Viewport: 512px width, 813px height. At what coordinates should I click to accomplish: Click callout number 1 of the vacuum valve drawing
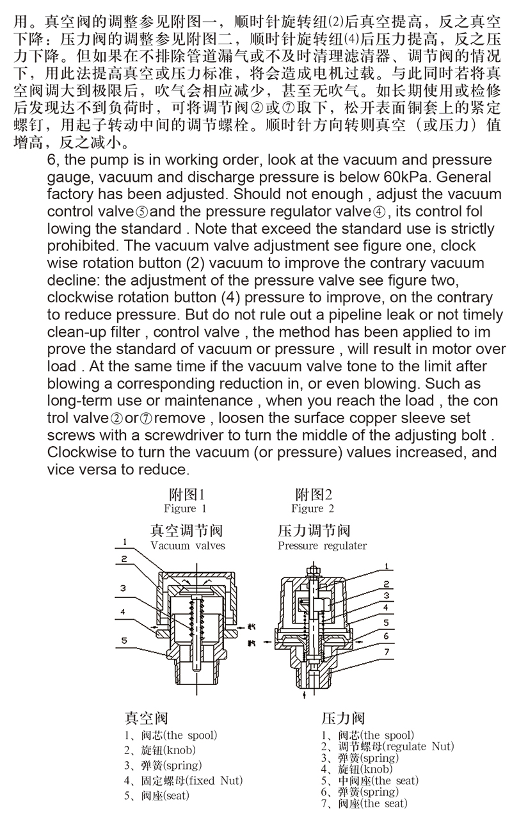pyautogui.click(x=124, y=541)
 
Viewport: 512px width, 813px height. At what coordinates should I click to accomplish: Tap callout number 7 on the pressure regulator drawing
pyautogui.click(x=387, y=653)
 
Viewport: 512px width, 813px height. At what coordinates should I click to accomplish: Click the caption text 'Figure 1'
pyautogui.click(x=185, y=509)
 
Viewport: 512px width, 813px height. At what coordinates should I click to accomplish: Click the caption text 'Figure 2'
pyautogui.click(x=312, y=509)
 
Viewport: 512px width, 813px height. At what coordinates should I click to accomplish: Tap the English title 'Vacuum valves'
pyautogui.click(x=188, y=546)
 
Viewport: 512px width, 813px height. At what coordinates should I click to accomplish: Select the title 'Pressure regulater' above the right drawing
pyautogui.click(x=322, y=546)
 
